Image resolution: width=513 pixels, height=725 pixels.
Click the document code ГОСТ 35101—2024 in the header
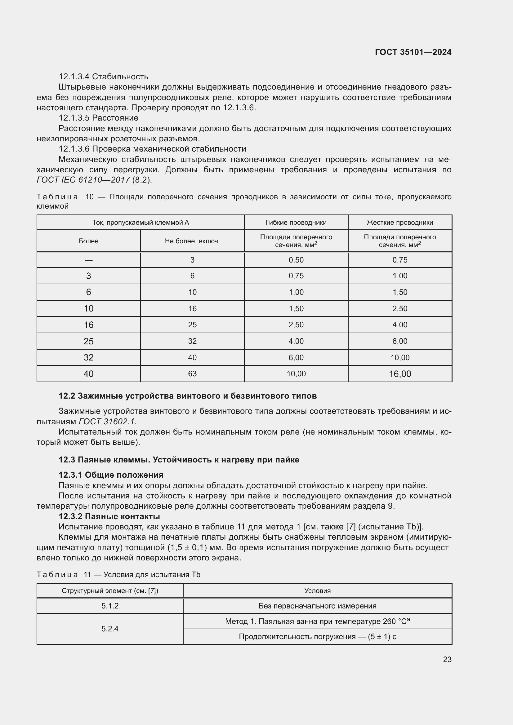(x=413, y=52)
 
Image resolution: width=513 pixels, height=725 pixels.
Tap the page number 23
(x=447, y=659)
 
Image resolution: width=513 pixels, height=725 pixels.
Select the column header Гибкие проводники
(x=296, y=222)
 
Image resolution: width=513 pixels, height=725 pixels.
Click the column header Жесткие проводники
(x=399, y=222)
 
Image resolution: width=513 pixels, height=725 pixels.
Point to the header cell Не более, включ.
(x=192, y=241)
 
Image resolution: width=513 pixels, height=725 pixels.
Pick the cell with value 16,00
(x=399, y=374)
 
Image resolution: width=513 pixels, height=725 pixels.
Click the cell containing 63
(x=192, y=374)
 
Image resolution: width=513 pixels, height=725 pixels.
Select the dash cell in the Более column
(x=88, y=260)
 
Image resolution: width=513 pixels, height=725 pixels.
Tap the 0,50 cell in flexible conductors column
(x=296, y=260)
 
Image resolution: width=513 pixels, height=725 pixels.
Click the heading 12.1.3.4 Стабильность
(x=103, y=77)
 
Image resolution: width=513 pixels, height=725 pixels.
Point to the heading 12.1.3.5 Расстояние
(x=98, y=118)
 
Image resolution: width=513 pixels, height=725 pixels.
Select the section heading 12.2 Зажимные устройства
(x=188, y=396)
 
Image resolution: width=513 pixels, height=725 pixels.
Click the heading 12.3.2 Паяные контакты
(x=109, y=516)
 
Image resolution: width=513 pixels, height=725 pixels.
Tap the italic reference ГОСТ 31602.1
(x=107, y=422)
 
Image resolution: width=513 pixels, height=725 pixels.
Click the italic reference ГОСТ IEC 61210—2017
(x=83, y=180)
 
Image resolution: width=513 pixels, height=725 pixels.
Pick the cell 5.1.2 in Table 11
(x=109, y=606)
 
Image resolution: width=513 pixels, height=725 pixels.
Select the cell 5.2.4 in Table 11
(x=109, y=629)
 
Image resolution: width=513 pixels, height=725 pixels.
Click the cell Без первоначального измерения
(x=317, y=606)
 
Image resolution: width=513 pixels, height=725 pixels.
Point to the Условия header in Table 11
(x=317, y=590)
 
